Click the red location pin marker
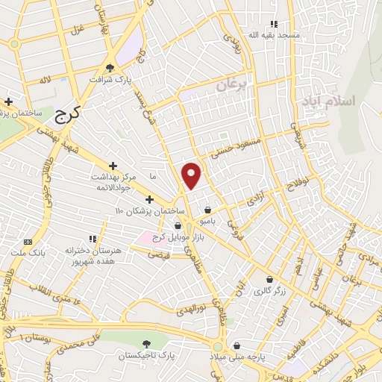[x=192, y=175]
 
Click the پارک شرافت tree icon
[x=110, y=66]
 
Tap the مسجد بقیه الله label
[x=273, y=35]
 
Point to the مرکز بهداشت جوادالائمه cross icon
[x=113, y=166]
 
